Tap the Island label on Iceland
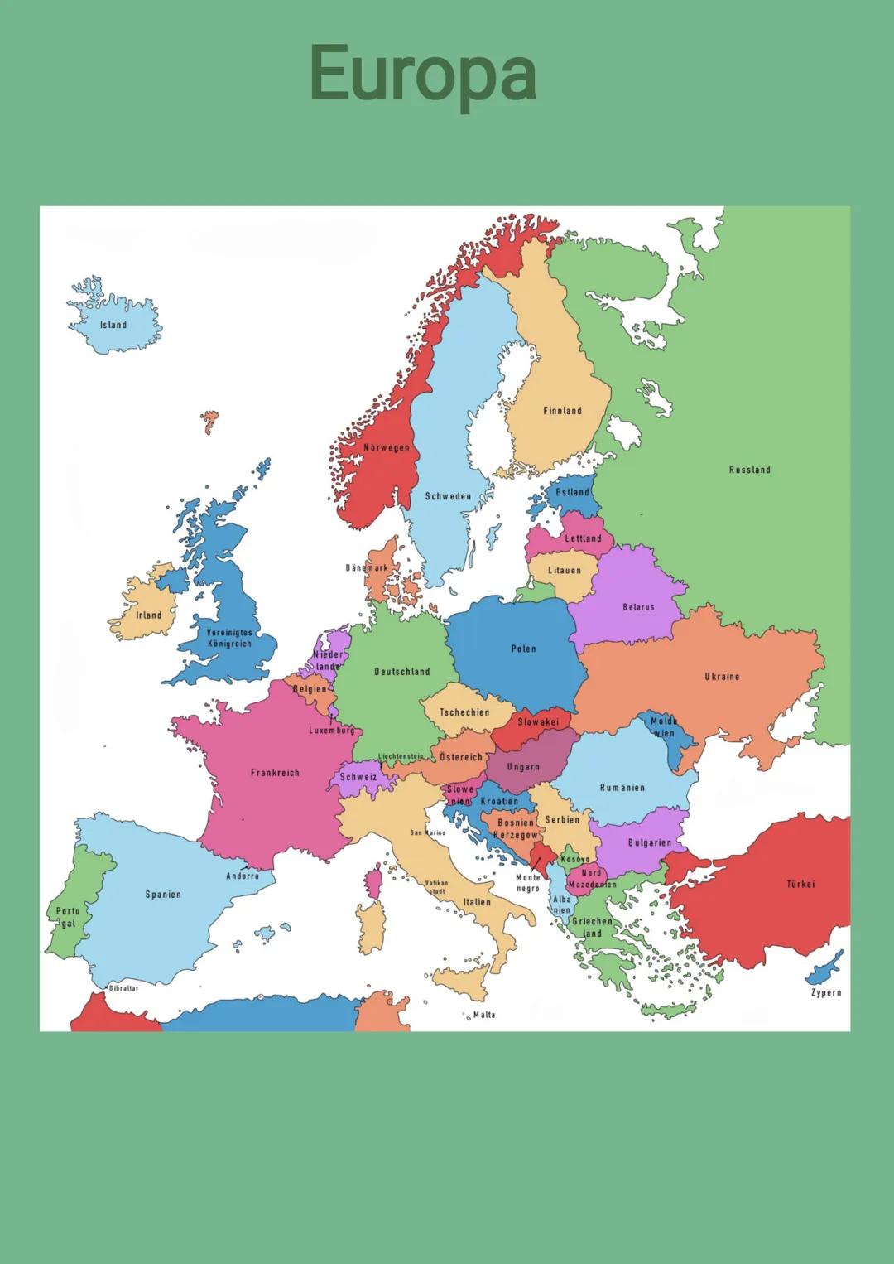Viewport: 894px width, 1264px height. pos(113,325)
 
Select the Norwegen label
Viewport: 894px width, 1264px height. pos(387,448)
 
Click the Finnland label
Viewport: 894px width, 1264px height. pos(562,411)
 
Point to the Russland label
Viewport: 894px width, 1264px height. pos(749,470)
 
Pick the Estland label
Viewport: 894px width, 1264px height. pos(572,492)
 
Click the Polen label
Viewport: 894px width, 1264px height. pos(523,649)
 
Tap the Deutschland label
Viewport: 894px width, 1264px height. pos(401,672)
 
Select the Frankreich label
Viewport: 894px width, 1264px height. pos(275,773)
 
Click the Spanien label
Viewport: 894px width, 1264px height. pos(163,895)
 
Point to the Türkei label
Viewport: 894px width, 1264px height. pos(800,884)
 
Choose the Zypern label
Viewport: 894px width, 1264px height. pos(825,992)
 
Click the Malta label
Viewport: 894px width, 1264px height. pos(484,1015)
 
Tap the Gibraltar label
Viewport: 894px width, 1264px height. pos(124,988)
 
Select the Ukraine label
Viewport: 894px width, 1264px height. pos(722,677)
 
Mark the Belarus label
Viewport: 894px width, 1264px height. pos(638,607)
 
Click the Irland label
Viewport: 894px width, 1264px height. pos(149,615)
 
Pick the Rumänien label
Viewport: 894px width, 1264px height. pos(622,788)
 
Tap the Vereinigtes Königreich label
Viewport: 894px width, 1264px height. pos(229,638)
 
